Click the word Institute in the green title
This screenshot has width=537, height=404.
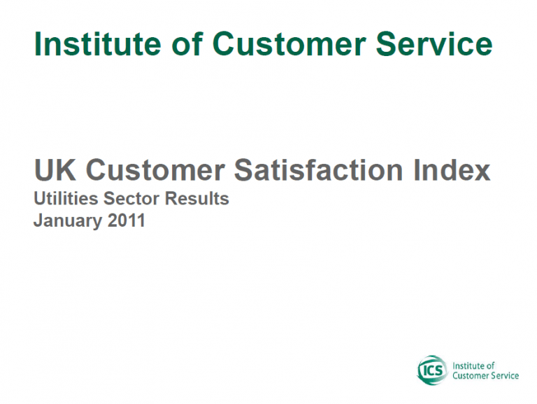pyautogui.click(x=98, y=44)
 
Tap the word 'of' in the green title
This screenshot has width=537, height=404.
pyautogui.click(x=187, y=44)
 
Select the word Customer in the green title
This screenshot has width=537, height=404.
pyautogui.click(x=289, y=44)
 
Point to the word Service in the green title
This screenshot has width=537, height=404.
pyautogui.click(x=434, y=44)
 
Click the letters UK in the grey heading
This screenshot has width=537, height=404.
pyautogui.click(x=55, y=169)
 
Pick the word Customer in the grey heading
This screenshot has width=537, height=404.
pyautogui.click(x=155, y=169)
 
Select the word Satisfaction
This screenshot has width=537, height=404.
pyautogui.click(x=319, y=169)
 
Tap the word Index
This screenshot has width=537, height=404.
pyautogui.click(x=452, y=169)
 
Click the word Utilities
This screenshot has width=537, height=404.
pyautogui.click(x=66, y=199)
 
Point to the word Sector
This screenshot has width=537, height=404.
pyautogui.click(x=131, y=199)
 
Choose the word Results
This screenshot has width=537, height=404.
pyautogui.click(x=197, y=199)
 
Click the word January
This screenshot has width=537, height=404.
pyautogui.click(x=67, y=221)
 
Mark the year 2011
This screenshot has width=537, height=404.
pyautogui.click(x=127, y=220)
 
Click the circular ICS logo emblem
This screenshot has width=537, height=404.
pyautogui.click(x=433, y=370)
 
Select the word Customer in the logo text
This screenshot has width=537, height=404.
pyautogui.click(x=468, y=376)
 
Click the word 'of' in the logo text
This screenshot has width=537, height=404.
pyautogui.click(x=491, y=365)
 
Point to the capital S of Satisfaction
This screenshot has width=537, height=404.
pyautogui.click(x=243, y=169)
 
